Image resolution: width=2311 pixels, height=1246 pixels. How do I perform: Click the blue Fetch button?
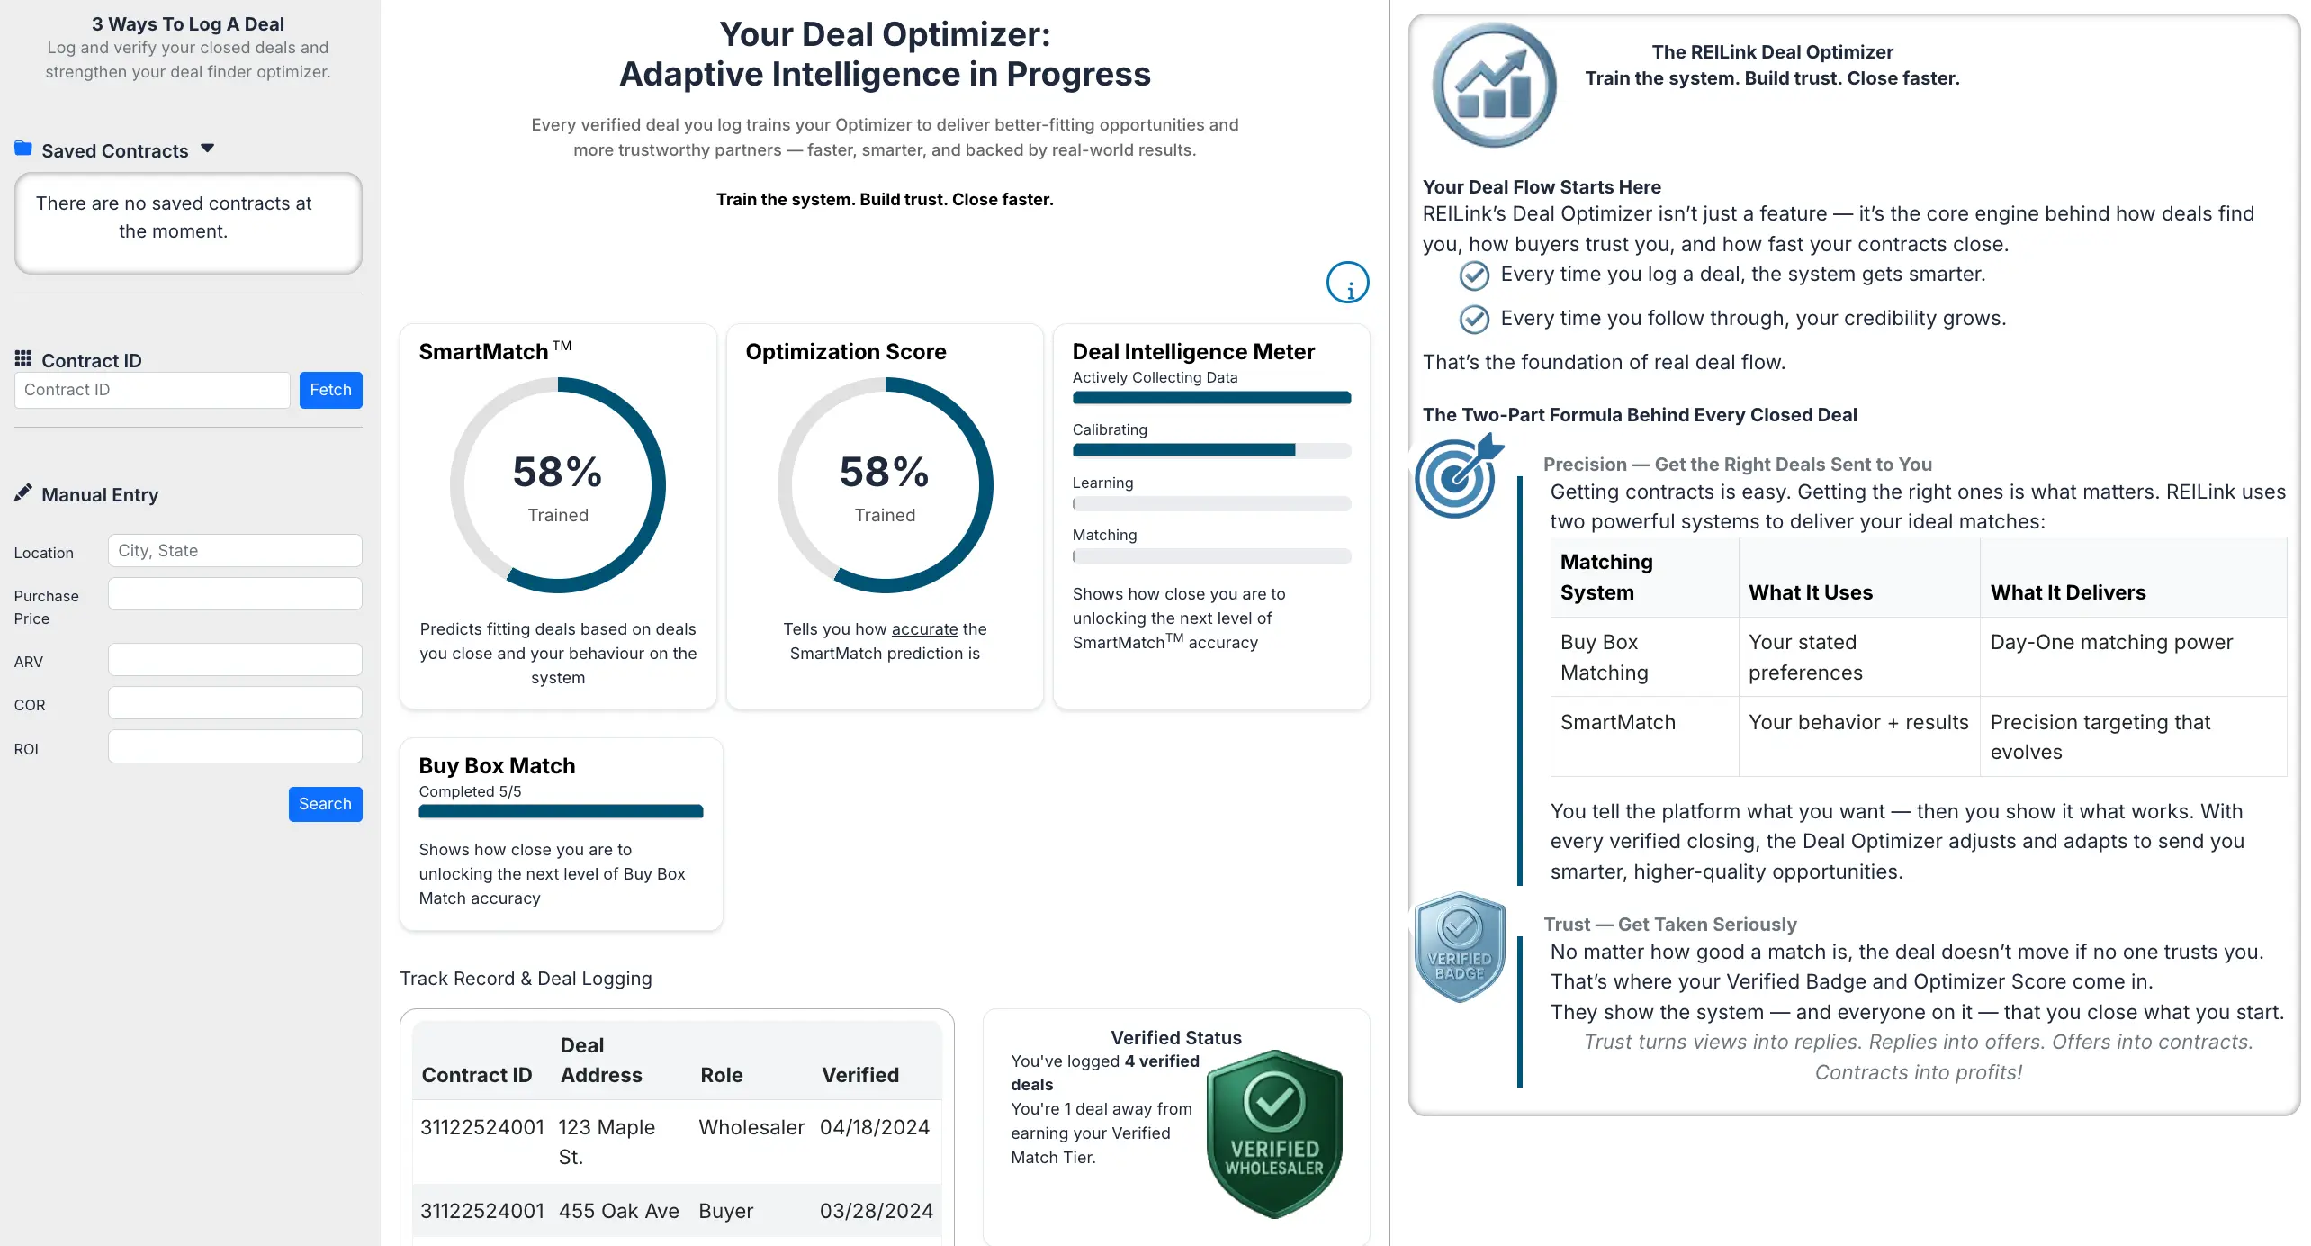330,390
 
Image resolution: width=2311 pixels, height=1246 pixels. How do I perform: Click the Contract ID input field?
152,390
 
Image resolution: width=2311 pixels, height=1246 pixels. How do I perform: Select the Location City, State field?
235,551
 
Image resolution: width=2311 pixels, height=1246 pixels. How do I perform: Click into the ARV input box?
235,660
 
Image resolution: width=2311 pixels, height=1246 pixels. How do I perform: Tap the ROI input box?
235,747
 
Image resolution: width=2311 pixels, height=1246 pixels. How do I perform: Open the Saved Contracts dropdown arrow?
208,149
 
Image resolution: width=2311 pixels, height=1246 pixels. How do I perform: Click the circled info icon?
1347,283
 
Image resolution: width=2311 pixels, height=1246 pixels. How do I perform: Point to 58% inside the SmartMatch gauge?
557,473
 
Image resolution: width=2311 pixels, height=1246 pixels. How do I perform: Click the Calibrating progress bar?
1210,450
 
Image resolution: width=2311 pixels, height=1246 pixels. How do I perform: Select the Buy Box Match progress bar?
561,811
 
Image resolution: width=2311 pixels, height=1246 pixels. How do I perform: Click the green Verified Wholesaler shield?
1273,1134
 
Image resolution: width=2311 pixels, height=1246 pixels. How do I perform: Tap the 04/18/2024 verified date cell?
874,1127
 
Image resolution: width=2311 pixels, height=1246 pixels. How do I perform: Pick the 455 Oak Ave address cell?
618,1211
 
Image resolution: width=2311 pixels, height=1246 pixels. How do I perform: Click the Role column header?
721,1075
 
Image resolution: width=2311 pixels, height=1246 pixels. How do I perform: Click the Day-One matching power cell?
2110,642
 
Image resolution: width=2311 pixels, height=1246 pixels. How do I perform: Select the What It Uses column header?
1810,592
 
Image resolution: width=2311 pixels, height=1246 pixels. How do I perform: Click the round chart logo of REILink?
1493,86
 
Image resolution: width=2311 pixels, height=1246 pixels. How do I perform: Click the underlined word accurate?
924,629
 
